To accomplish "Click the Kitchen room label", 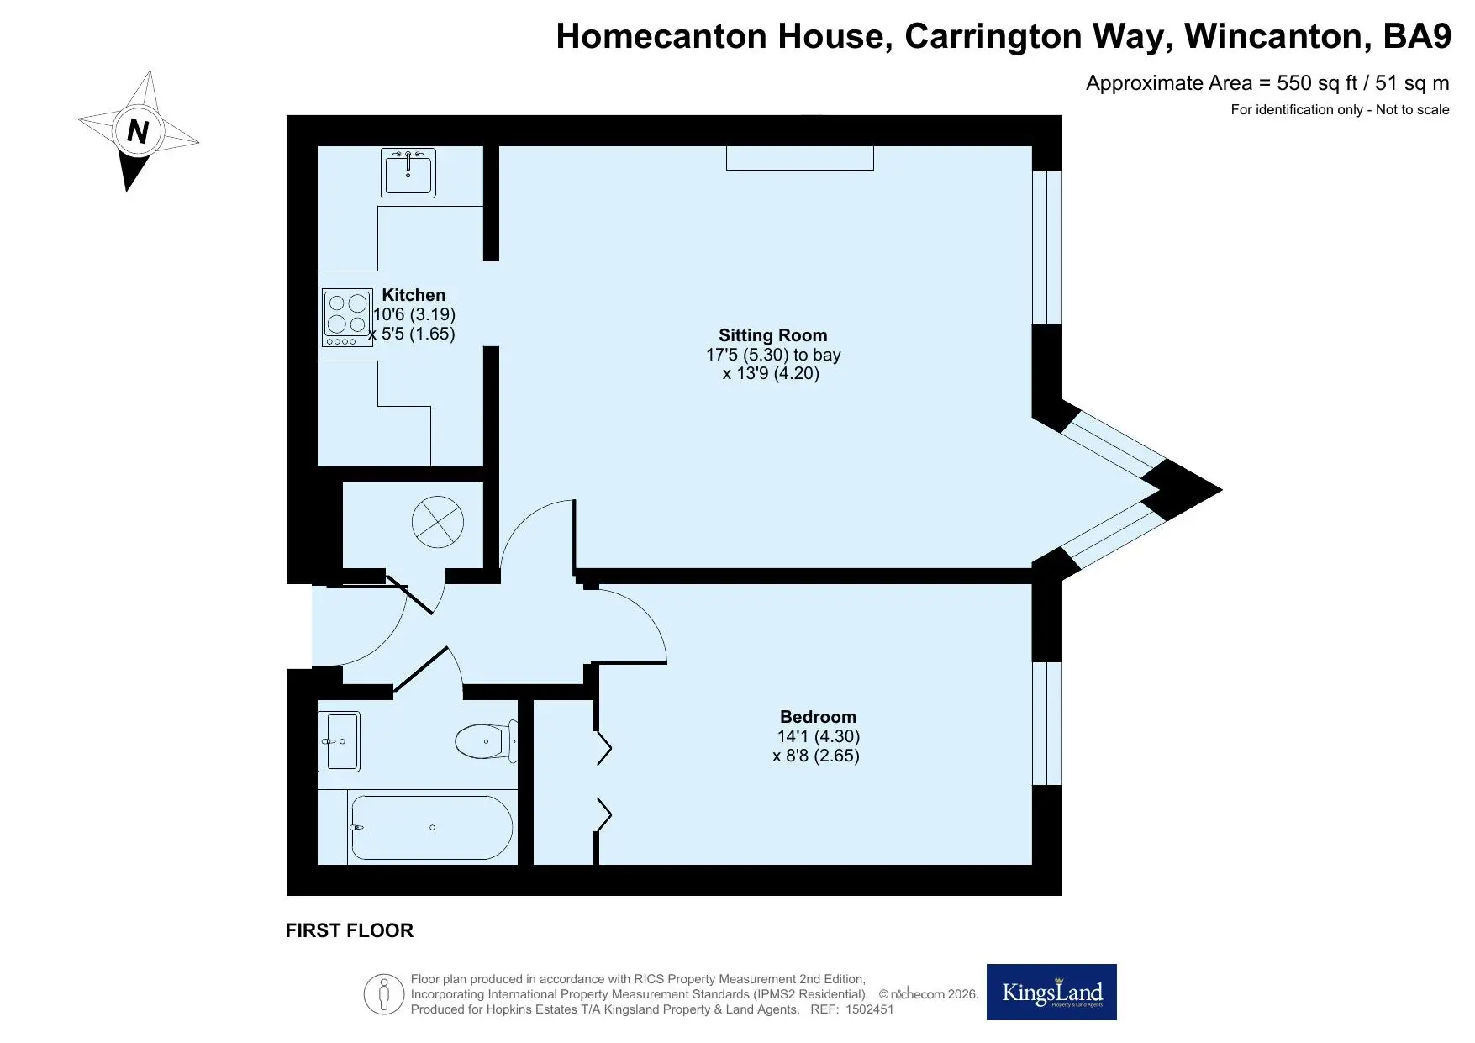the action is pos(414,295).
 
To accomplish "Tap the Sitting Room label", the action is pos(773,335).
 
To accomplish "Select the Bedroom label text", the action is pos(818,717).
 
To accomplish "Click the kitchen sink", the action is pos(408,173).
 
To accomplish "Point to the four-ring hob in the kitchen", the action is pos(347,318).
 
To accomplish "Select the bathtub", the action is pos(431,828).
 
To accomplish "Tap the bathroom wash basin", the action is pos(339,741).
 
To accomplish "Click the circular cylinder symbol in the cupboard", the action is pos(438,522).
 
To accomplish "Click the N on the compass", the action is pos(138,132).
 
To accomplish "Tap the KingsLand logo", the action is pos(1051,992).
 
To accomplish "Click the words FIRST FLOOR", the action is pos(350,930).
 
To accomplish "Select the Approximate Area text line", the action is pos(1267,83).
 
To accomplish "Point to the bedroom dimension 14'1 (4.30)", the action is pos(818,736).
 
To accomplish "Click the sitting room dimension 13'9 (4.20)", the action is pos(771,374).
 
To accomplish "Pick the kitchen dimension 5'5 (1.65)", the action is pos(412,334).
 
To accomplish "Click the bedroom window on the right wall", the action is pos(1047,724).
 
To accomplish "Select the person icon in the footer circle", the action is pos(384,995).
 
